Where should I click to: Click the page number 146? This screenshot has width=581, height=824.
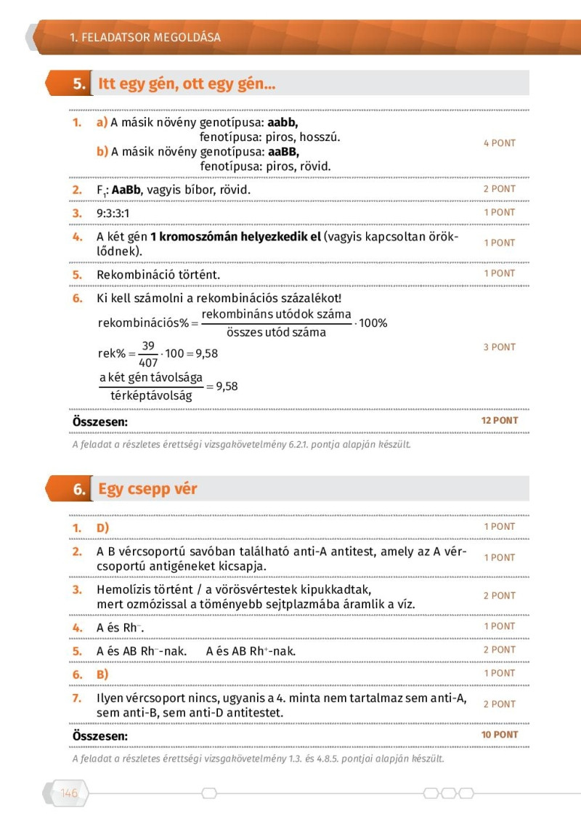[x=69, y=793]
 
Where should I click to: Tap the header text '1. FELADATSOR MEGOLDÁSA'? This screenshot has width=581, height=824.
[x=145, y=37]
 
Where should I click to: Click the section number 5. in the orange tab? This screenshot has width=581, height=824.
[x=79, y=84]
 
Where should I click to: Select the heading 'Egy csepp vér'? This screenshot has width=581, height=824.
[x=147, y=489]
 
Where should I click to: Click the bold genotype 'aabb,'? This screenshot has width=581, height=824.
[x=283, y=123]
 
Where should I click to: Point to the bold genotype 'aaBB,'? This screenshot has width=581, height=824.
[x=283, y=153]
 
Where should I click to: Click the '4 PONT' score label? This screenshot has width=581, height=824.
[x=500, y=143]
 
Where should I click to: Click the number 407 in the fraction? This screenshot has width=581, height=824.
[x=148, y=362]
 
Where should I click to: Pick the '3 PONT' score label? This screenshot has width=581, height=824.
[x=500, y=347]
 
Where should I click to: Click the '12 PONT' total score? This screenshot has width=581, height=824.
[x=500, y=421]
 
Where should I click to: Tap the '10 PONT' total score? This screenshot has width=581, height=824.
[x=500, y=735]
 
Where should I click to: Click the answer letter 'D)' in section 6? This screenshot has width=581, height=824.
[x=103, y=528]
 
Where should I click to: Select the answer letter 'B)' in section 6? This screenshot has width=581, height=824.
[x=103, y=675]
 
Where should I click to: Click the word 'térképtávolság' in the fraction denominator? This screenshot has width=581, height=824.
[x=151, y=396]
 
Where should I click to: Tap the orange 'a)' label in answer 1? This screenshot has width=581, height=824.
[x=102, y=123]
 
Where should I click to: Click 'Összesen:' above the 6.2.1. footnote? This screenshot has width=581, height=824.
[x=100, y=421]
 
